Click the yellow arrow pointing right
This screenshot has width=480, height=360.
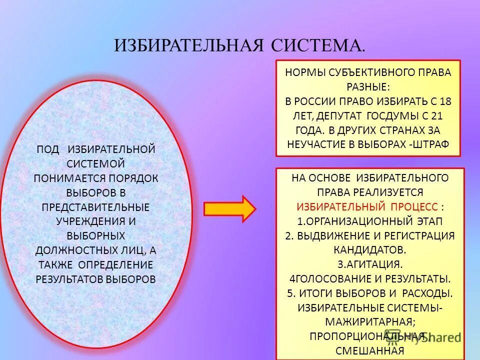[x=229, y=208]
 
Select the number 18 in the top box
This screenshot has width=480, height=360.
[x=445, y=101]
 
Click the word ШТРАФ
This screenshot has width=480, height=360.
[x=431, y=144]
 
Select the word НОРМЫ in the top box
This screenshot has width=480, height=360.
[x=305, y=72]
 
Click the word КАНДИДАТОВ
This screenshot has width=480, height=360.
[x=370, y=249]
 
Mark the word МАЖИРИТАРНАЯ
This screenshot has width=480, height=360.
[x=369, y=321]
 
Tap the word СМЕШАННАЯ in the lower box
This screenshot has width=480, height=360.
[x=370, y=350]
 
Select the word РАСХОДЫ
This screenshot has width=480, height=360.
[x=426, y=292]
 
